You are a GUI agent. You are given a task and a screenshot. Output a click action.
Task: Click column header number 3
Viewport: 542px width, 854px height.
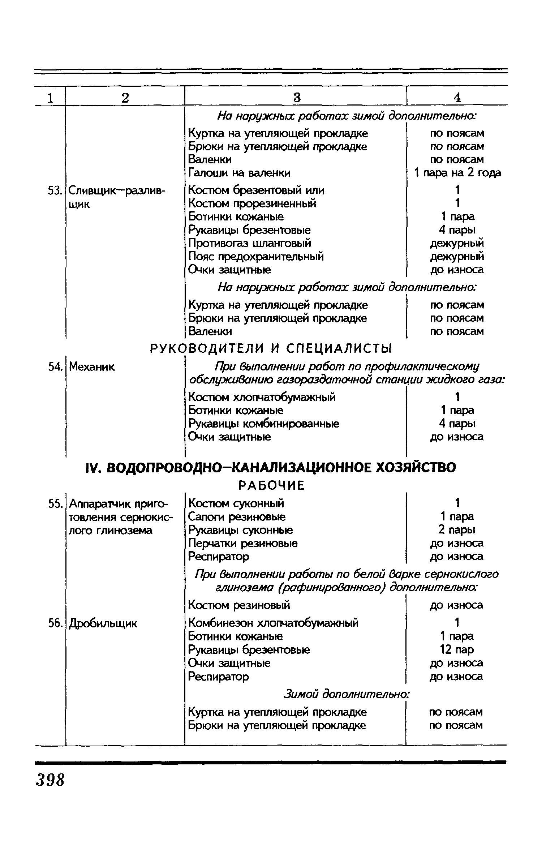(296, 97)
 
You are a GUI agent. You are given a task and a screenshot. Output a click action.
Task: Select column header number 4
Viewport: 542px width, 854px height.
(457, 97)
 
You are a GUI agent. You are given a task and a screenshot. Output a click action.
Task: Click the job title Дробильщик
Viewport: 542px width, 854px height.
(103, 623)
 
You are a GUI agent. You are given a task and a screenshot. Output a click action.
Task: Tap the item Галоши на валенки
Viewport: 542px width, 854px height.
(240, 173)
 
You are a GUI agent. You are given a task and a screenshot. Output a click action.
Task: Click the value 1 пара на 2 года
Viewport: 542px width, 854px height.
(457, 173)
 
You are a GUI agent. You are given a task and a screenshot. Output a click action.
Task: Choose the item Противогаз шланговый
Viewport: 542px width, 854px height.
(250, 243)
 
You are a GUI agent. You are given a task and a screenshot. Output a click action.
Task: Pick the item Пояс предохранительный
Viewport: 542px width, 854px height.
(256, 257)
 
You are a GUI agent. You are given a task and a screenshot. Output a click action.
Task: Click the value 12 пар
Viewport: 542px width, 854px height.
(457, 649)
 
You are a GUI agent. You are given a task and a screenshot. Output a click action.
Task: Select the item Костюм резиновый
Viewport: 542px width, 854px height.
(239, 605)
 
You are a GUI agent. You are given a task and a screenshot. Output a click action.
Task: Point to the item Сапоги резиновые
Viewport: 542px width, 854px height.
(237, 517)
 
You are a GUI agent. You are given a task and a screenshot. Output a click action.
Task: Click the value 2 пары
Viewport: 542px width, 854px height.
(457, 530)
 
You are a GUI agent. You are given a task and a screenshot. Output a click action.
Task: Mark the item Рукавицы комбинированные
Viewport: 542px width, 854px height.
(264, 424)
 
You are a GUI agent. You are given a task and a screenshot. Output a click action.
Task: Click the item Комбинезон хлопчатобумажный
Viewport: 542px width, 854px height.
(274, 623)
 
